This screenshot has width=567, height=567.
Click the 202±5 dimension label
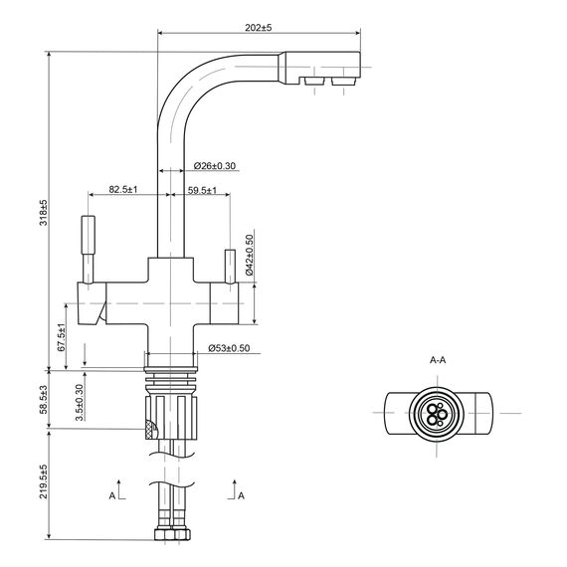[259, 28]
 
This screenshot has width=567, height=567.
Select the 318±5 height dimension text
[44, 213]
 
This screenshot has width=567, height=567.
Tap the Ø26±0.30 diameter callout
[215, 165]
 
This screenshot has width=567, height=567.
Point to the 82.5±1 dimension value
[123, 189]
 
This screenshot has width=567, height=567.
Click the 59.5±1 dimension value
[202, 190]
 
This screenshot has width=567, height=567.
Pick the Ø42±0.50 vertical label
[250, 255]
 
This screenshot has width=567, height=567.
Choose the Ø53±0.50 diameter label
[229, 348]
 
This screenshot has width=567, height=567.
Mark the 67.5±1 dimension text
[61, 337]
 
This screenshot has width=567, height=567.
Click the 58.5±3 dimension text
[44, 400]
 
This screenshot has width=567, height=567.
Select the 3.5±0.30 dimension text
[80, 403]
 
